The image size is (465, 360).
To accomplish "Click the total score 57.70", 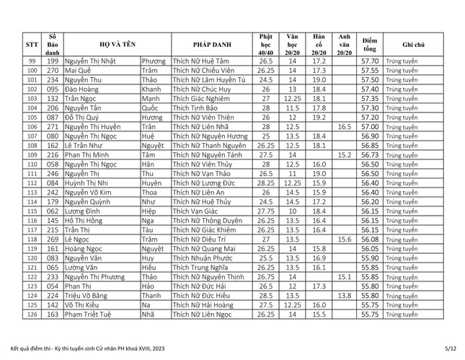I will tap(369, 61).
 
